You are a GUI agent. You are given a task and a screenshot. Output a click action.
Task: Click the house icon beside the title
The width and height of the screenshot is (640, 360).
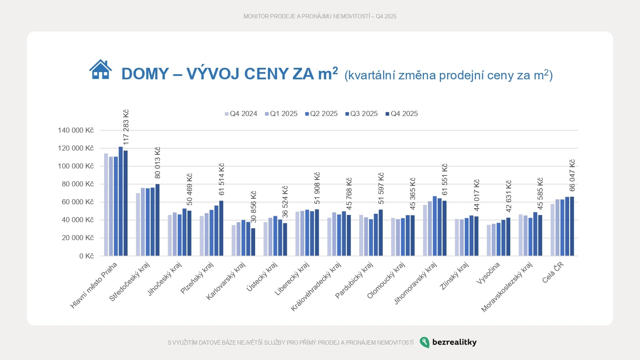tap(101, 70)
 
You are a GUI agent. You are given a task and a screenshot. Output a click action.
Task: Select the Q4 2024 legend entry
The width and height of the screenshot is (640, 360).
tap(241, 114)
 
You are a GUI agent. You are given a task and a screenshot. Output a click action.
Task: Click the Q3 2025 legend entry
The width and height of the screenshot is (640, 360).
tap(361, 114)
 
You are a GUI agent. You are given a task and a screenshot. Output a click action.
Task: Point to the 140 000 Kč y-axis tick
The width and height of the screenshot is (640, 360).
tap(76, 131)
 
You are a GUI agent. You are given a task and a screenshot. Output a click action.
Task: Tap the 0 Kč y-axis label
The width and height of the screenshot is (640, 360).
tap(86, 256)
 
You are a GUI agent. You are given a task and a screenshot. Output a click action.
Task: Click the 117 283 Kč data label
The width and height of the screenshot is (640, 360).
tap(126, 127)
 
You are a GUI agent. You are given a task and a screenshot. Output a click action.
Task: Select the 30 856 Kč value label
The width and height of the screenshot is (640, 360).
tap(254, 206)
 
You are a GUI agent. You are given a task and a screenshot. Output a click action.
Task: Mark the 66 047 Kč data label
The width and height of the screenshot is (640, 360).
tap(573, 175)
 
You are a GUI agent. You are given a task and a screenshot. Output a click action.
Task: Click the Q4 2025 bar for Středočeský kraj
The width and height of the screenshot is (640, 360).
tap(157, 220)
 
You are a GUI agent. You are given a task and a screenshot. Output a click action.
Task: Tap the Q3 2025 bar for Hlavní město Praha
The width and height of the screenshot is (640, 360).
tap(121, 201)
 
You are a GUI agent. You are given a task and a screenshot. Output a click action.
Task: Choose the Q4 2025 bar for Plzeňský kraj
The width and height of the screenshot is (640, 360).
tap(221, 228)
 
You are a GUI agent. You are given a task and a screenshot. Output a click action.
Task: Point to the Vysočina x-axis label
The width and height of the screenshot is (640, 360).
tap(488, 273)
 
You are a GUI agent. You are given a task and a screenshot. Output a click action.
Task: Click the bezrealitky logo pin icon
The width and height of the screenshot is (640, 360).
tap(425, 342)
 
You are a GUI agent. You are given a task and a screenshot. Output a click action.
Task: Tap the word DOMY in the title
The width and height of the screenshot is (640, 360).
tap(145, 74)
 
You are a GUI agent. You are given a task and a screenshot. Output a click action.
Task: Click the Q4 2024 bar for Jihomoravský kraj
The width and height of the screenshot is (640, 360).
tap(425, 230)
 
